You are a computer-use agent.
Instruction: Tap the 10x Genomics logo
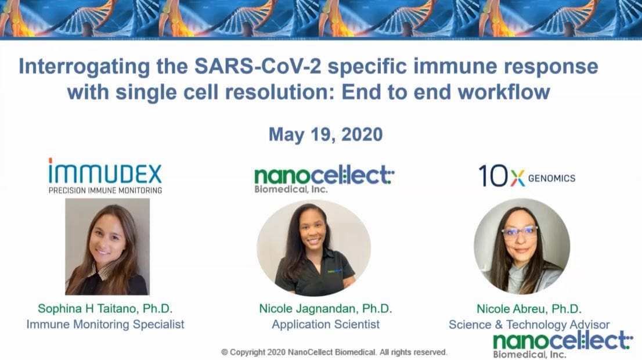click(x=526, y=176)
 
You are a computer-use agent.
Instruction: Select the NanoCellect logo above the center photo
click(x=324, y=177)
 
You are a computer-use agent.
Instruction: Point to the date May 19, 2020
click(x=325, y=135)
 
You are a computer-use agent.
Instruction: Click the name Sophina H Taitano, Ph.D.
click(x=105, y=308)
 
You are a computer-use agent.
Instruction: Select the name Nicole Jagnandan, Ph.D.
click(x=325, y=308)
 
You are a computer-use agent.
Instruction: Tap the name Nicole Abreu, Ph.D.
click(x=529, y=309)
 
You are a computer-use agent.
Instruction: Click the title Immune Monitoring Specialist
click(x=105, y=324)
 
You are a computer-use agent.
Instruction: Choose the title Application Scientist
click(x=325, y=324)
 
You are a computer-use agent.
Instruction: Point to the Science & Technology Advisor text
click(x=529, y=325)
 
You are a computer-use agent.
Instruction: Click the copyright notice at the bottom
click(x=334, y=352)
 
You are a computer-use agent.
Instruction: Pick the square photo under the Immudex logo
click(x=107, y=247)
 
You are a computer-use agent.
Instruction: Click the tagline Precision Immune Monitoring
click(x=105, y=190)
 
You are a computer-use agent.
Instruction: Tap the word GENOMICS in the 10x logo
click(x=551, y=178)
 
